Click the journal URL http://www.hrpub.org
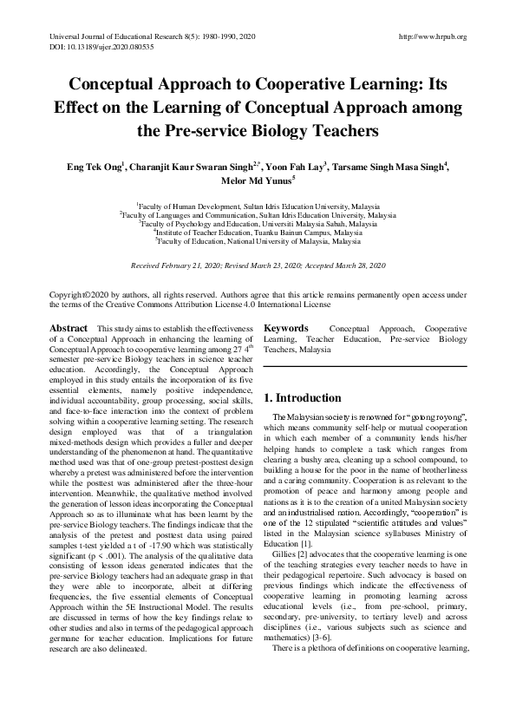click(430, 36)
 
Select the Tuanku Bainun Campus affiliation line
click(258, 233)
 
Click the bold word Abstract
click(69, 327)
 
